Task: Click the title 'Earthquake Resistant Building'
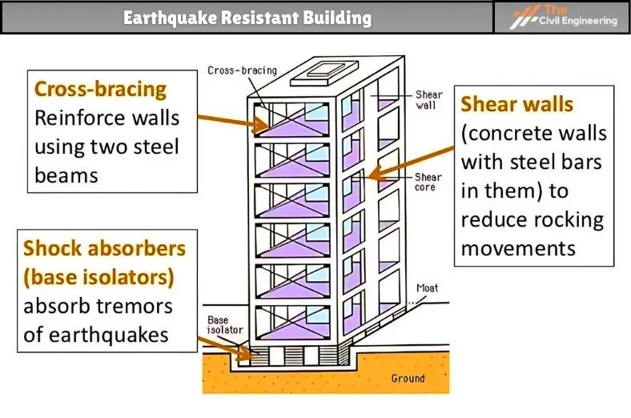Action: [247, 17]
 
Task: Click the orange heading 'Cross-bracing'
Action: [101, 89]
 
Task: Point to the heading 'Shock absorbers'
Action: [105, 247]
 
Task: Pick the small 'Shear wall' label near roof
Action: [429, 99]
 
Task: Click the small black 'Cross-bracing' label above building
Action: [242, 70]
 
